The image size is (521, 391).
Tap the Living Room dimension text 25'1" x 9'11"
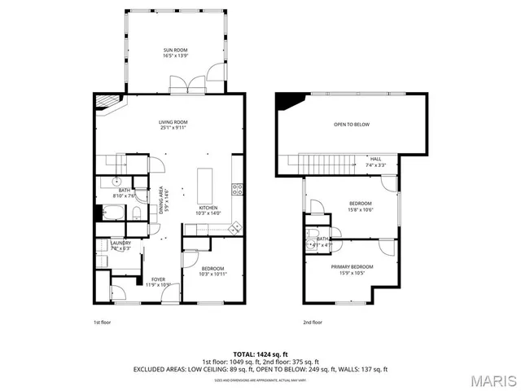173,128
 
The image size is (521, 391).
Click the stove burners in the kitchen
237,190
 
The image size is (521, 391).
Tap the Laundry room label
120,243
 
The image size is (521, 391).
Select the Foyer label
157,279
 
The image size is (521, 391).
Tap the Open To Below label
351,125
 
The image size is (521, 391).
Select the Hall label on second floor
375,159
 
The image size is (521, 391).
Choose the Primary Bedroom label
352,266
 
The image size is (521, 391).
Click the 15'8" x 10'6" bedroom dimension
361,209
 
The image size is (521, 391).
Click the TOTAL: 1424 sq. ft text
260,354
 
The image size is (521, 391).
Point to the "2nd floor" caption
312,322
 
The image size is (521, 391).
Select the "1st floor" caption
101,322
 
